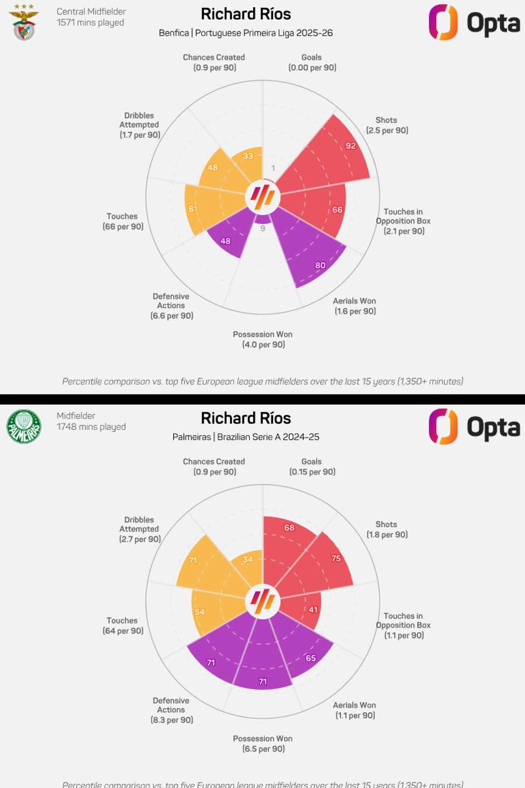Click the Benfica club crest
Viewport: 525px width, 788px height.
coord(24,23)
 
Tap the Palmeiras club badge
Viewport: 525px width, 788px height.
coord(24,427)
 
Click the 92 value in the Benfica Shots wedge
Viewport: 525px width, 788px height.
coord(351,146)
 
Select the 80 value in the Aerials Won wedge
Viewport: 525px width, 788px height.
coord(320,266)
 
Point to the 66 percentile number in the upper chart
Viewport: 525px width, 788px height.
coord(337,210)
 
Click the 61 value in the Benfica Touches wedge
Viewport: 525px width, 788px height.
coord(193,209)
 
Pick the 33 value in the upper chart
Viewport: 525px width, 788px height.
coord(248,156)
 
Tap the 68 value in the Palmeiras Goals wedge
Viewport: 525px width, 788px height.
coord(289,528)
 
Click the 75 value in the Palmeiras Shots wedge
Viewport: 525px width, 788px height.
coord(336,559)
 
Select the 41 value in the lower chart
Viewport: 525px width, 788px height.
coord(313,610)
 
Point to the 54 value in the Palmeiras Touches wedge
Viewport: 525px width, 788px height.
coord(199,612)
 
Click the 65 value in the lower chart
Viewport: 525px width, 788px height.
coord(311,658)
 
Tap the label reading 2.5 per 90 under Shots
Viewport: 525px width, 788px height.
coord(387,131)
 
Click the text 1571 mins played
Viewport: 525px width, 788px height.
coord(90,23)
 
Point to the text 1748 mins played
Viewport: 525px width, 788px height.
coord(91,427)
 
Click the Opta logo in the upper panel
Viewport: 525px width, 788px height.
coord(474,23)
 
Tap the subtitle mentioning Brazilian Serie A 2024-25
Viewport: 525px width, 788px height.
coord(246,437)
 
